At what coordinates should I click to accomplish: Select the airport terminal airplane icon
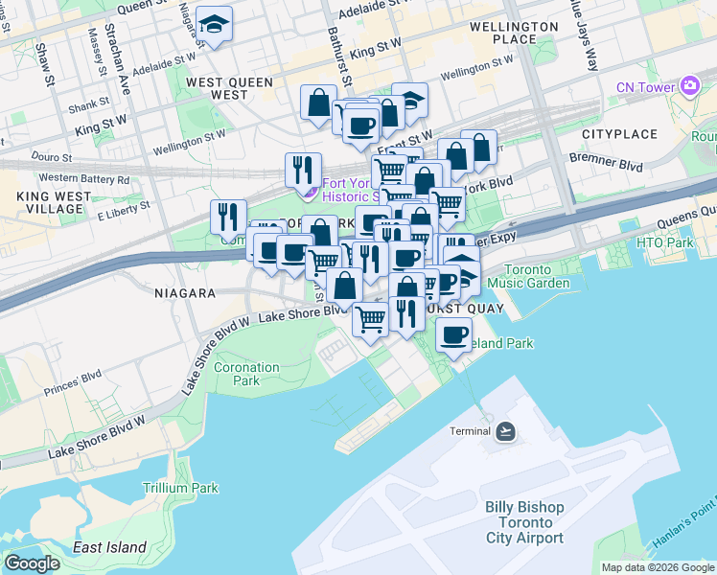coord(506,430)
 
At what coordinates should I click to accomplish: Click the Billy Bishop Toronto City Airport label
coord(523,522)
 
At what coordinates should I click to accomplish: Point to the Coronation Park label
coord(246,374)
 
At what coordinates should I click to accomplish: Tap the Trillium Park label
coord(180,488)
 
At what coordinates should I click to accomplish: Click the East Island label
coord(110,548)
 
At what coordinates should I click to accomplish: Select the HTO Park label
coord(664,242)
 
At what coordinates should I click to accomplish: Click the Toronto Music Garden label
coord(521,276)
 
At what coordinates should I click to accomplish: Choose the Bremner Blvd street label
coord(616,166)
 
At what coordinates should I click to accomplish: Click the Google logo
coord(32,563)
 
